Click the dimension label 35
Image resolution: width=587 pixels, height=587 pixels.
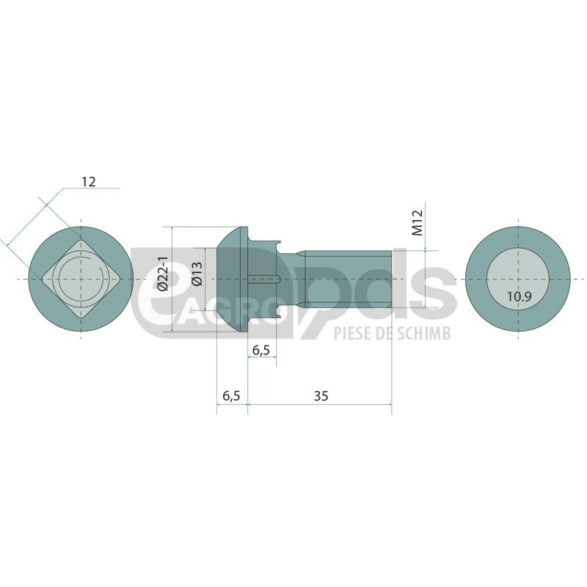[321, 395]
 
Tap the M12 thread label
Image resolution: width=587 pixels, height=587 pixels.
[417, 223]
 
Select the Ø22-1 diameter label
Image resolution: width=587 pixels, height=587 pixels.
[163, 274]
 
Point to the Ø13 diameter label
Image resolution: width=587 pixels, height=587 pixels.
[197, 274]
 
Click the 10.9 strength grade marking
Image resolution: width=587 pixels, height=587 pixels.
[519, 297]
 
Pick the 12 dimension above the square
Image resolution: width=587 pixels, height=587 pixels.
[89, 181]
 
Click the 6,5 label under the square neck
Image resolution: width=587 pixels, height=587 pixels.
[261, 350]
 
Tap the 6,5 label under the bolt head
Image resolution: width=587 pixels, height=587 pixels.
[231, 395]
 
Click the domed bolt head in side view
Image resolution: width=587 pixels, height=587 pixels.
[233, 279]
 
